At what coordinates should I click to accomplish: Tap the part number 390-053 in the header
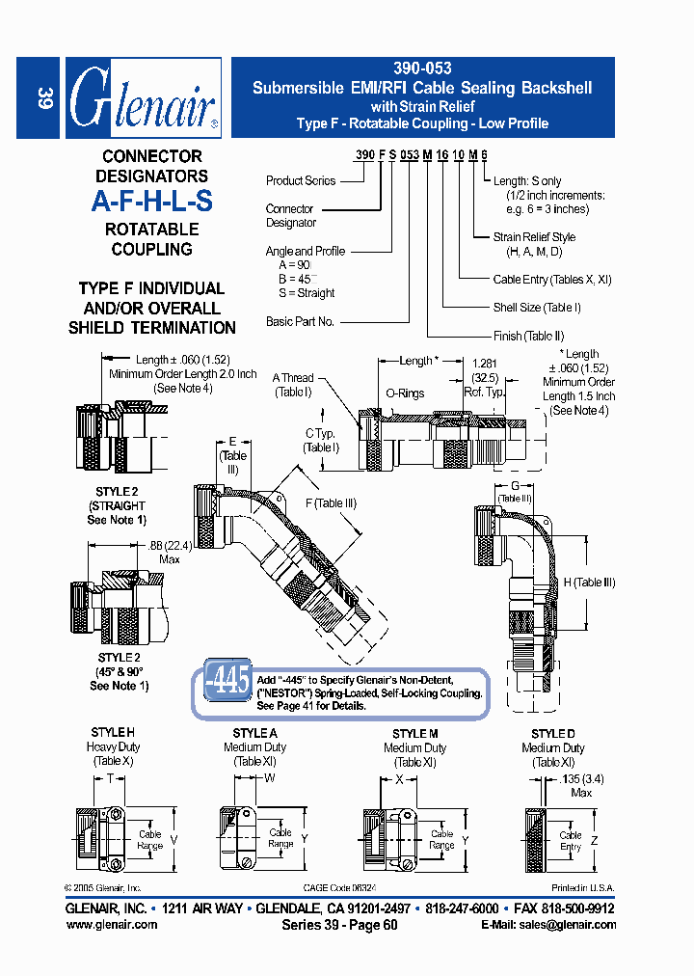422,68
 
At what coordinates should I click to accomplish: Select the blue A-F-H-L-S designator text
151,202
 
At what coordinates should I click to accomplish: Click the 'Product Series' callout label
301,180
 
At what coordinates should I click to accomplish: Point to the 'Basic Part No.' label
300,321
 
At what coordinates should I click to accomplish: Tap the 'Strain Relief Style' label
534,236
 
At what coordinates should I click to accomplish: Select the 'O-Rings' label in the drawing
405,393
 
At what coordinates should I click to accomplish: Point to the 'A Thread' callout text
293,378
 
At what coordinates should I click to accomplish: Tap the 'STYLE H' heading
113,733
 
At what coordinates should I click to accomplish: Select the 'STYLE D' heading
553,733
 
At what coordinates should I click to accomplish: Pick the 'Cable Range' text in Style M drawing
441,839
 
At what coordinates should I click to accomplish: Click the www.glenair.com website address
112,924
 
